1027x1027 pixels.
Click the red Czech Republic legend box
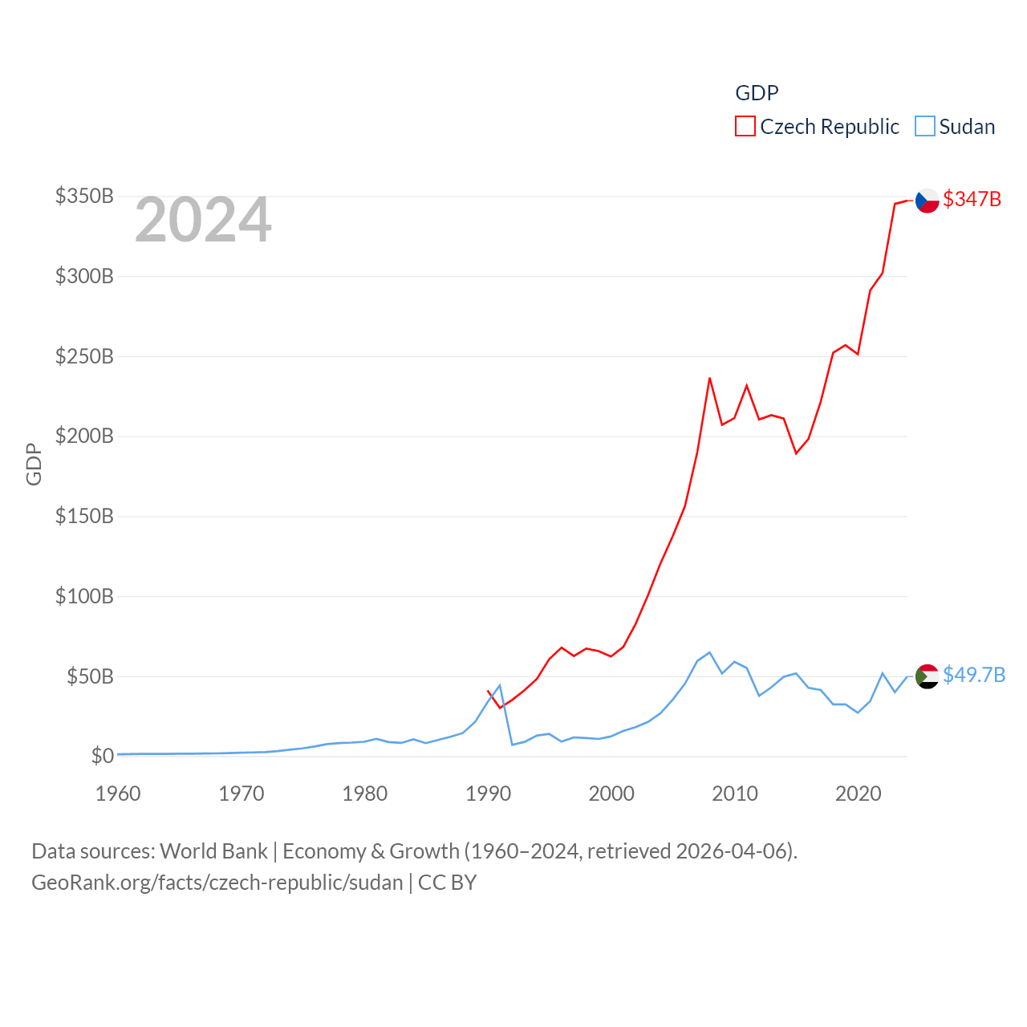point(745,127)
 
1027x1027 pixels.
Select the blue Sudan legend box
point(925,127)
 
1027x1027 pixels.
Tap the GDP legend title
point(757,93)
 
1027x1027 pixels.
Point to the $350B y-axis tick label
point(84,196)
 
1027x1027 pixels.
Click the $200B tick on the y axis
point(84,436)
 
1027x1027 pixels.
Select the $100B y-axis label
point(84,596)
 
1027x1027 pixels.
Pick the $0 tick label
point(102,756)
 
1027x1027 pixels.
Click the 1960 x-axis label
point(118,794)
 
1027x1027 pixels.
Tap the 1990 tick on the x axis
point(488,794)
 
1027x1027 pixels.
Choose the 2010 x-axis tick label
point(735,794)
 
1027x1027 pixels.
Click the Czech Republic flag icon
point(928,200)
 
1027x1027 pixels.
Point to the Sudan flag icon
point(928,676)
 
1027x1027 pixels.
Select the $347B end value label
point(972,199)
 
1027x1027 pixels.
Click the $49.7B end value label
point(974,675)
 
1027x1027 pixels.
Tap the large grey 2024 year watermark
point(203,220)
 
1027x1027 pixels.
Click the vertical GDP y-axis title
point(34,464)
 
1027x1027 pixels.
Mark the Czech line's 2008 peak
point(710,378)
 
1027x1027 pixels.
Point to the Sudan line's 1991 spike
point(500,685)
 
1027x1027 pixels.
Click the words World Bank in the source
point(213,850)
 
